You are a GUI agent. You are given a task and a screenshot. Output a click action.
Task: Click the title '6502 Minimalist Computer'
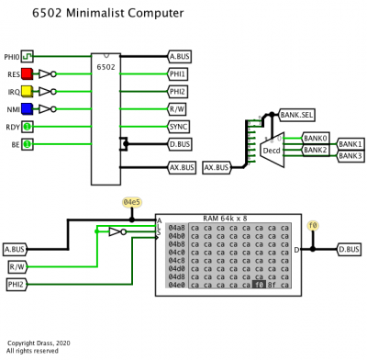(107, 14)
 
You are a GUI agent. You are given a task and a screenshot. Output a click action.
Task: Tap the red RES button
(28, 73)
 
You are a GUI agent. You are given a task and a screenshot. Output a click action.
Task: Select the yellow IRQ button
(28, 91)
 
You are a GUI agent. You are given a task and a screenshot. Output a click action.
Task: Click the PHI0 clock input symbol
(28, 56)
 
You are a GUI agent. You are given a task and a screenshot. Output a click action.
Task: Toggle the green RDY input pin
(28, 126)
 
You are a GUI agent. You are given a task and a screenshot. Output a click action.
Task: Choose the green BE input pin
(28, 144)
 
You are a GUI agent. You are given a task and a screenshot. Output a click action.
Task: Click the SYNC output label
(180, 126)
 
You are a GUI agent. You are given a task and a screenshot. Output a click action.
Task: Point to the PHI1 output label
(180, 73)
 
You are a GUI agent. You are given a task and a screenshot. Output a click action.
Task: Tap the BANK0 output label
(316, 137)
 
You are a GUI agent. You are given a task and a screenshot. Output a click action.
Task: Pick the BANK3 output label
(350, 156)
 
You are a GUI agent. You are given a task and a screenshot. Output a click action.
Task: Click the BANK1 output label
(350, 144)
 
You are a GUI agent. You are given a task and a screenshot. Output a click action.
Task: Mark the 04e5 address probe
(133, 201)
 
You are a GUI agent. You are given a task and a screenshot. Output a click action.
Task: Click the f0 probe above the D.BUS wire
(313, 224)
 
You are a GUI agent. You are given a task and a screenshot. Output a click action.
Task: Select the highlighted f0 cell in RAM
(259, 286)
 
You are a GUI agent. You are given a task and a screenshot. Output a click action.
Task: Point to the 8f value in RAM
(272, 286)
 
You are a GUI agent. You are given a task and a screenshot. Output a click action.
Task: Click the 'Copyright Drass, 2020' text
(38, 343)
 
